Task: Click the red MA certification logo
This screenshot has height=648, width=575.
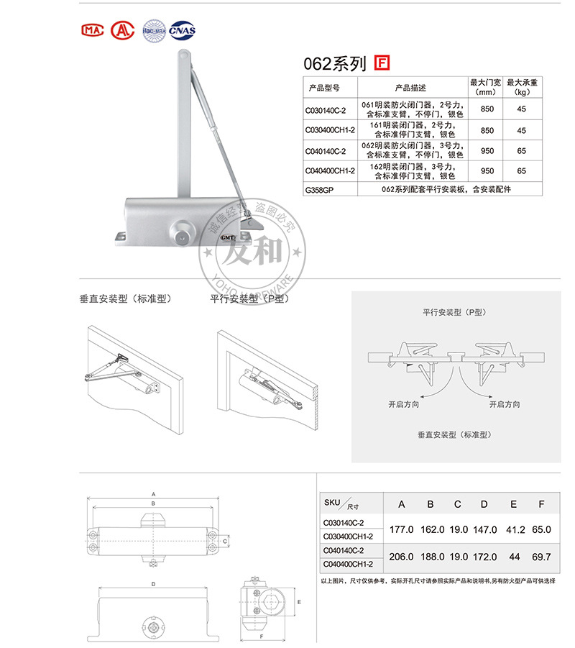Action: (x=93, y=30)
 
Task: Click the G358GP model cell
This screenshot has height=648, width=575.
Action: (x=320, y=189)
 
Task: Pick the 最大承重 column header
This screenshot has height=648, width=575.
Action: (x=522, y=87)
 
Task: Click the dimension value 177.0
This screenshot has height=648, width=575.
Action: (x=401, y=529)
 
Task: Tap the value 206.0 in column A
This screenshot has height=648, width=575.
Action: (x=401, y=556)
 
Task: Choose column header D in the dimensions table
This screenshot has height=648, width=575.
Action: (x=484, y=504)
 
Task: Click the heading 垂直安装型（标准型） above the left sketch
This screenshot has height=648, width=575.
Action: (x=125, y=298)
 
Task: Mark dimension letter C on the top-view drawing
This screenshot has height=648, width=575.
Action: (x=225, y=540)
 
